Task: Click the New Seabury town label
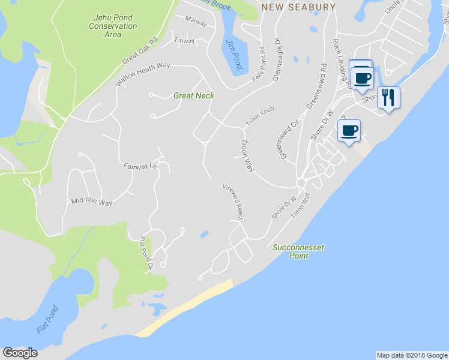point(298,7)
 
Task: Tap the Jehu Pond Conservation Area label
point(112,26)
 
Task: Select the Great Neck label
point(193,95)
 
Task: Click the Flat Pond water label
point(48,319)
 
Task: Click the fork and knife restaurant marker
point(389,97)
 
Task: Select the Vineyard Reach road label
point(232,202)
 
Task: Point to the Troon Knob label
point(259,117)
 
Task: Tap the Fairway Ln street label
point(139,166)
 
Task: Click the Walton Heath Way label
point(143,74)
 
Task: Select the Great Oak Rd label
point(139,52)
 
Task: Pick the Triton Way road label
point(300,209)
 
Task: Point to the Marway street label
point(196,22)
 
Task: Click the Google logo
point(20,353)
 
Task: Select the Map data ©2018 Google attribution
point(411,355)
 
